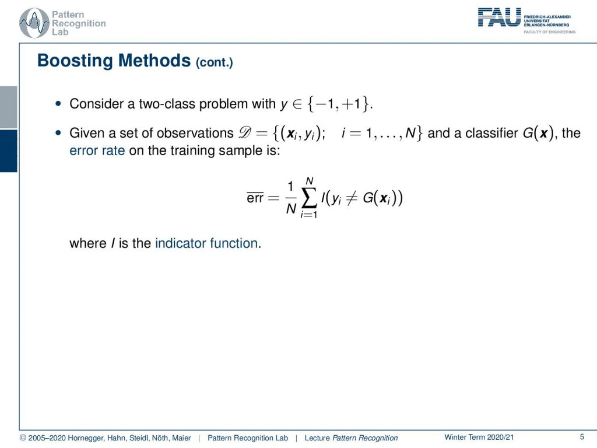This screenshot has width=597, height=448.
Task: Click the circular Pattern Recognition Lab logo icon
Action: pos(34,23)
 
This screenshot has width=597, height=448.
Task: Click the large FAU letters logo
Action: pos(499,17)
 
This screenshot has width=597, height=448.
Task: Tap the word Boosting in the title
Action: pos(75,61)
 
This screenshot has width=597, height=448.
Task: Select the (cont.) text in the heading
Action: pos(215,62)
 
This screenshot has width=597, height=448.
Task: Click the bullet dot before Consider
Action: pos(58,104)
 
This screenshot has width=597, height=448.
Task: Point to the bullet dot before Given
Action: pos(58,133)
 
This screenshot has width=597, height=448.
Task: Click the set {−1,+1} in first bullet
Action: pos(339,104)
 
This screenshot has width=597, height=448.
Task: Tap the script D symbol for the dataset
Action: pos(245,132)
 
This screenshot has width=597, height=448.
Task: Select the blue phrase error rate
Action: pos(97,150)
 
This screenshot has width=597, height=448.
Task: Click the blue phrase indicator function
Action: pos(206,243)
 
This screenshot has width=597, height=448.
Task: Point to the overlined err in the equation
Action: pos(255,197)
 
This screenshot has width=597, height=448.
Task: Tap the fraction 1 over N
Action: pos(291,198)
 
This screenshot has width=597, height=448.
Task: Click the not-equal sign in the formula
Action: pos(351,198)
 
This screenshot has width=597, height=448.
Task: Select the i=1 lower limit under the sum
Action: pos(309,215)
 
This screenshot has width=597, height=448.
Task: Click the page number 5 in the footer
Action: pos(582,437)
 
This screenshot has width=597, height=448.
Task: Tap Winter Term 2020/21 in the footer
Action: pos(479,437)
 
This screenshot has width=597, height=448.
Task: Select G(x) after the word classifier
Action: pos(538,133)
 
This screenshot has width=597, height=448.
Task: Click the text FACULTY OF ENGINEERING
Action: pos(549,32)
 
